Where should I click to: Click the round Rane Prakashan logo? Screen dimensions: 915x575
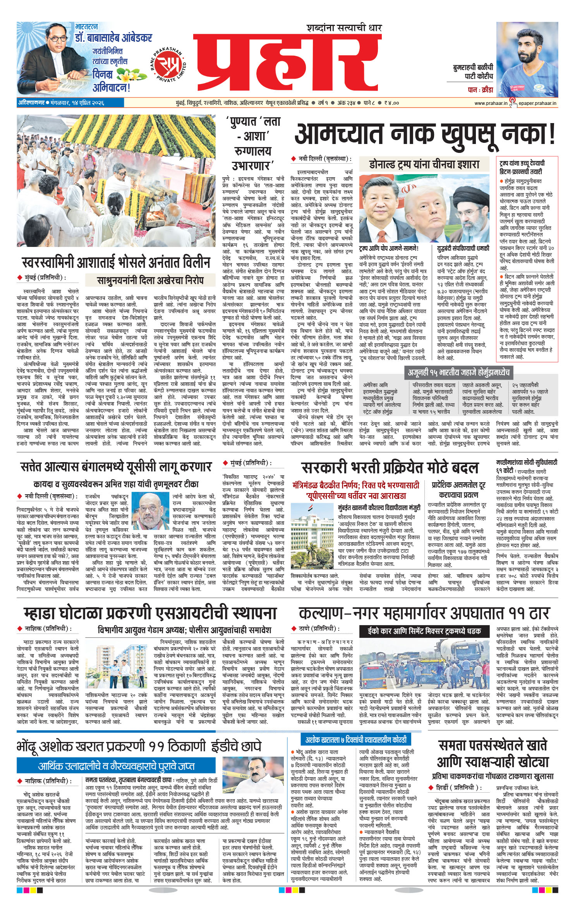click(x=168, y=63)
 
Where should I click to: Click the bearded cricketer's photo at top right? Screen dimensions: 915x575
click(x=527, y=59)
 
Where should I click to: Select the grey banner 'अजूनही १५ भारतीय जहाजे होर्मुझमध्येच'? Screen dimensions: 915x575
click(x=458, y=372)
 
